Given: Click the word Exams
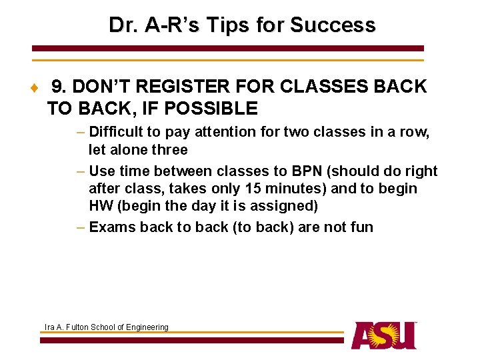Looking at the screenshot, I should pyautogui.click(x=112, y=227).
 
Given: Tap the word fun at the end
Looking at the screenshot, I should pyautogui.click(x=361, y=227).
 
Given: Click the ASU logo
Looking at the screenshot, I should pyautogui.click(x=384, y=335).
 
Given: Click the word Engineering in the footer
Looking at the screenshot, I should pyautogui.click(x=149, y=327).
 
